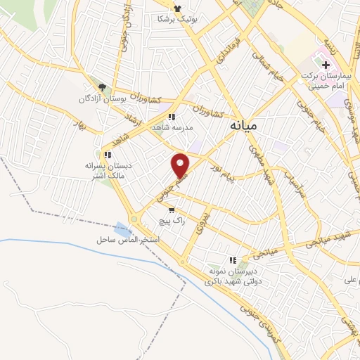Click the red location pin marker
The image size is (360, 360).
(181, 165)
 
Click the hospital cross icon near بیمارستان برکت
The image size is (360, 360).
(326, 64)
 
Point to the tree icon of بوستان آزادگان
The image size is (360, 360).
(103, 87)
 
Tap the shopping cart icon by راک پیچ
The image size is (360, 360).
(171, 210)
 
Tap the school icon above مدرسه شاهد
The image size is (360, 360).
(171, 117)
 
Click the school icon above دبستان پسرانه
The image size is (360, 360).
(107, 155)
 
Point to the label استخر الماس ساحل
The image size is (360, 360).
(129, 240)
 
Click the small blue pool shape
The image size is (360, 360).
(122, 229)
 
